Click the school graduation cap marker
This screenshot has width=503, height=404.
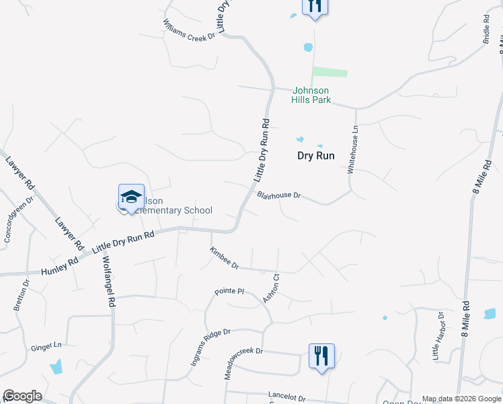(x=131, y=197)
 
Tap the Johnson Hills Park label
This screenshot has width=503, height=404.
(x=310, y=95)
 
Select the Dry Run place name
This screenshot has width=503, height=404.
(x=316, y=155)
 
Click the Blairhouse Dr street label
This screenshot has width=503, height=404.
(x=278, y=195)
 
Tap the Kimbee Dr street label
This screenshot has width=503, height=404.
(x=224, y=258)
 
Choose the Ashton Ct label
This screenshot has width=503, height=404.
(x=271, y=288)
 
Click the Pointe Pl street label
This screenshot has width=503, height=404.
(x=229, y=291)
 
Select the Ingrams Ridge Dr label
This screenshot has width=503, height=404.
(x=210, y=346)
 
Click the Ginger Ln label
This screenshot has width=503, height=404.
(x=46, y=347)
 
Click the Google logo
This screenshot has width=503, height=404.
(x=22, y=396)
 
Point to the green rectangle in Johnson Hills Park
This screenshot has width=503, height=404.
(x=330, y=72)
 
